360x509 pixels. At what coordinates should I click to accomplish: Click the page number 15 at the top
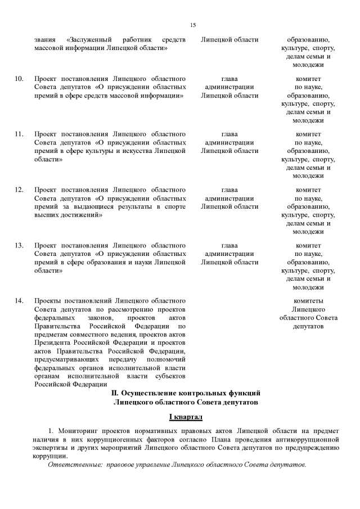point(193,25)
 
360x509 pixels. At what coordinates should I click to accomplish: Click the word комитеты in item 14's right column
point(308,301)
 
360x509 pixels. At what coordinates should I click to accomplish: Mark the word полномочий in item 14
point(167,359)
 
